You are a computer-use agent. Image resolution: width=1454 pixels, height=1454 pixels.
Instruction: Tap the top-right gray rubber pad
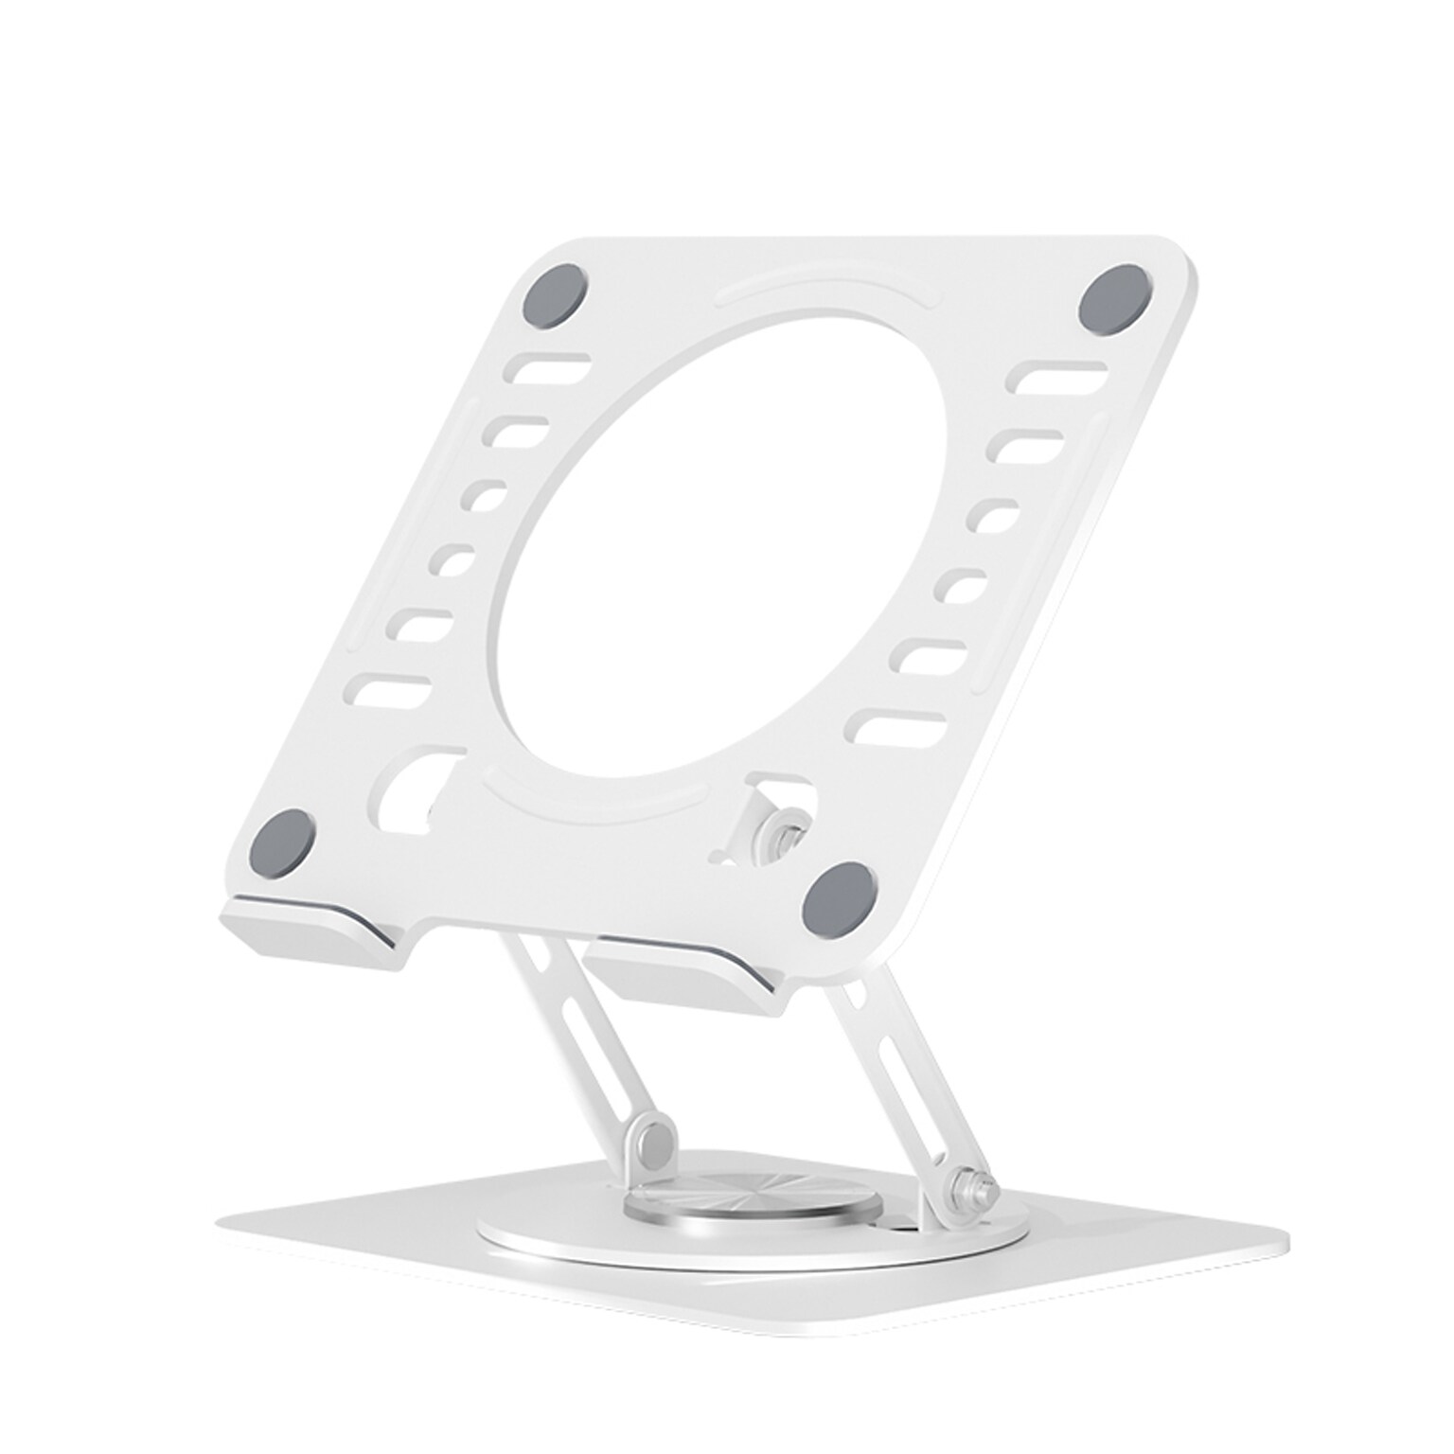[x=1117, y=300]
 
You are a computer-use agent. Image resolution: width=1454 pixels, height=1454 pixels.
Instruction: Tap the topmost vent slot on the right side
[x=1056, y=375]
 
